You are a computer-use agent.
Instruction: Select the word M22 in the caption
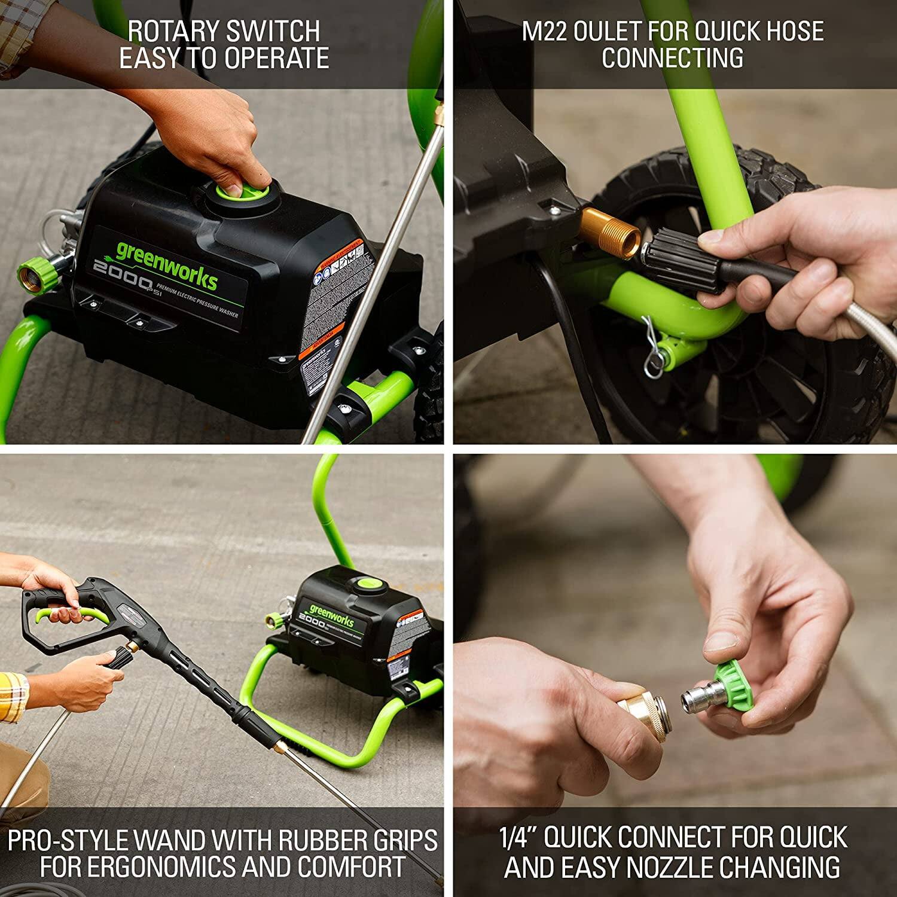(x=544, y=31)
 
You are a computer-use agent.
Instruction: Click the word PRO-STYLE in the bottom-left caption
(x=67, y=840)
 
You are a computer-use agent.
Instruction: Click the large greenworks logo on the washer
(x=166, y=266)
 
